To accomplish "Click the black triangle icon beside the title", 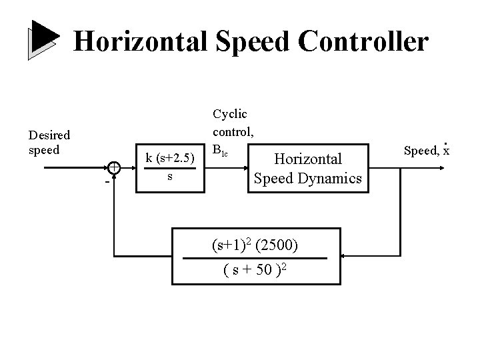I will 43,40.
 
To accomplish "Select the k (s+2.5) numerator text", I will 171,158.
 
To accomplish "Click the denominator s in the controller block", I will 171,177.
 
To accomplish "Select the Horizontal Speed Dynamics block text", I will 308,168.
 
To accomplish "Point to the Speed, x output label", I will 427,150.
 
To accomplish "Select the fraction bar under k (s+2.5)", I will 171,168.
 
